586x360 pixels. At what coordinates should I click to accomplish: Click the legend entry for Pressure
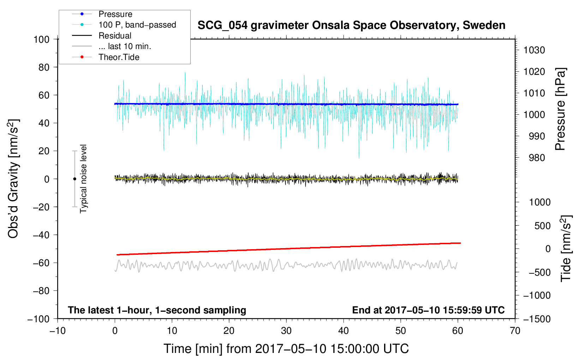point(115,14)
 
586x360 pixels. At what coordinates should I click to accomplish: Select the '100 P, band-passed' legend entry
point(137,25)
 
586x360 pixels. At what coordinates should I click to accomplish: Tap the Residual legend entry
point(115,36)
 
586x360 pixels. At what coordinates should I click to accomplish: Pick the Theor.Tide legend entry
point(119,57)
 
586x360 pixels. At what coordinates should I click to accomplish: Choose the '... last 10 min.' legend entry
point(125,46)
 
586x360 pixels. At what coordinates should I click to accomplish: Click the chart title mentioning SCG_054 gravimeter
point(351,25)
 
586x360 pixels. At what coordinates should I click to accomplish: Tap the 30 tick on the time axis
point(286,331)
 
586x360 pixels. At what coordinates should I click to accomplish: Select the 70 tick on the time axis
point(515,331)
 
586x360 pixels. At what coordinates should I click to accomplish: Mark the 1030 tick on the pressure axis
point(534,50)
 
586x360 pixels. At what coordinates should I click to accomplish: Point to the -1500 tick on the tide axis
point(537,319)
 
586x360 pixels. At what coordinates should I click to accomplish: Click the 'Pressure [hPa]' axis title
point(561,109)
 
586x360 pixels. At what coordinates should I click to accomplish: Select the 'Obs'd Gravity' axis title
point(13,179)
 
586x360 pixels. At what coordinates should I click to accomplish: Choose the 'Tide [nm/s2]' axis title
point(566,248)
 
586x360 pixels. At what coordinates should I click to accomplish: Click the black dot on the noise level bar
point(74,179)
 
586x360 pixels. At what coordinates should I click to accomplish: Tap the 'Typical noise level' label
point(83,179)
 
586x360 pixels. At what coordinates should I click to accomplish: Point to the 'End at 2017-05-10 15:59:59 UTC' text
point(428,310)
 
